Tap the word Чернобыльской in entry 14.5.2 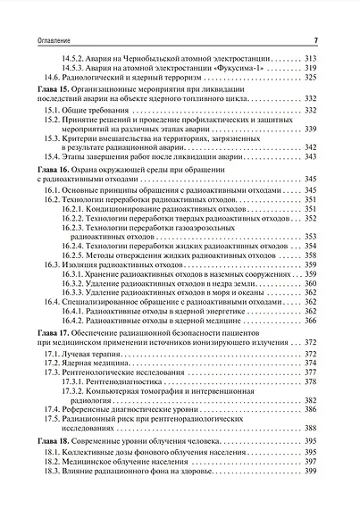point(155,57)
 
